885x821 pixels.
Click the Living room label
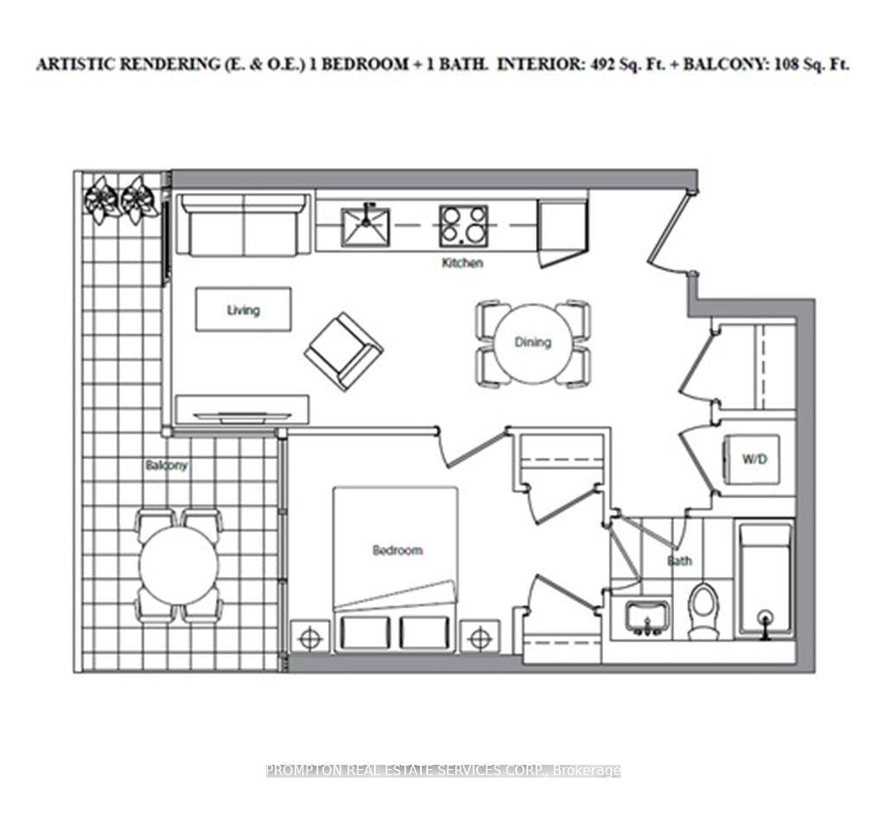[243, 310]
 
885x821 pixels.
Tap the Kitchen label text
[462, 262]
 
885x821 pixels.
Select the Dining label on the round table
[532, 342]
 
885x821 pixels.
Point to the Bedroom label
[397, 550]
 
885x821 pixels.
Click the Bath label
[679, 561]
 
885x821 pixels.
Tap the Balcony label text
[166, 465]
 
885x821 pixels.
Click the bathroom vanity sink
[646, 615]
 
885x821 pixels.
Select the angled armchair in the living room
[343, 350]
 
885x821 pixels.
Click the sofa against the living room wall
[243, 224]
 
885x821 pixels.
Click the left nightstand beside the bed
[311, 638]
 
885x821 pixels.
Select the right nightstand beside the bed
[480, 638]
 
